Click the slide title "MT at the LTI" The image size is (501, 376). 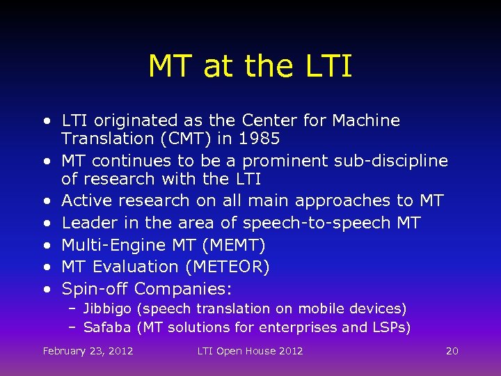click(250, 67)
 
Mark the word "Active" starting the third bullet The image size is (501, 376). click(87, 201)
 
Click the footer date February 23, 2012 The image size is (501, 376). click(88, 351)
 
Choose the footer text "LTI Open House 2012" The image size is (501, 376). click(250, 351)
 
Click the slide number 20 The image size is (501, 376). click(452, 351)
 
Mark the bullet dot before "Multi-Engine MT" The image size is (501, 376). click(46, 245)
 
